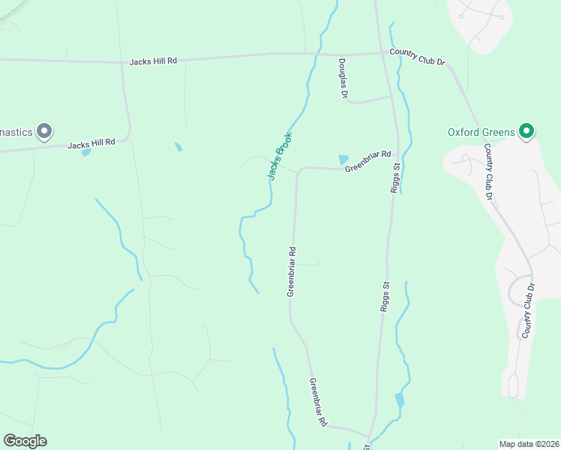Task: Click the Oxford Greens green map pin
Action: click(526, 132)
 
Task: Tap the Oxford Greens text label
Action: click(481, 132)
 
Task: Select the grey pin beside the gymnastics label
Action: click(44, 132)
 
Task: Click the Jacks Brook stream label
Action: click(280, 156)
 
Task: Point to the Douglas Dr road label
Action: click(343, 79)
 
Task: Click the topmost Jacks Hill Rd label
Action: click(152, 61)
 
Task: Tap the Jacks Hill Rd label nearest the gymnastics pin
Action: click(91, 142)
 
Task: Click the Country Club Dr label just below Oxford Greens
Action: click(487, 172)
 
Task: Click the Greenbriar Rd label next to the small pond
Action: click(368, 161)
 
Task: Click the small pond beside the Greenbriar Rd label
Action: click(343, 159)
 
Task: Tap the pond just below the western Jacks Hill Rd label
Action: click(86, 152)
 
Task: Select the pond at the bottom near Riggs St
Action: click(400, 400)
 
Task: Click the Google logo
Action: click(25, 441)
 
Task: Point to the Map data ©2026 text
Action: click(529, 443)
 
